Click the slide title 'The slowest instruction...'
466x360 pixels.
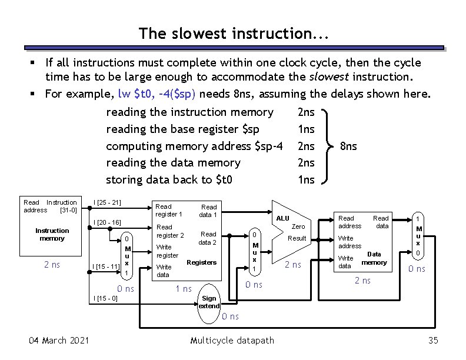coord(233,34)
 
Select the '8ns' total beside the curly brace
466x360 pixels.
coord(349,146)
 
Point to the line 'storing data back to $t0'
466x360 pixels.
coord(168,180)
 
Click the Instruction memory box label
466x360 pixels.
coord(52,234)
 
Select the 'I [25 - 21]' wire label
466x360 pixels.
coord(107,203)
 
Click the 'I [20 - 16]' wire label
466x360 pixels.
coord(107,222)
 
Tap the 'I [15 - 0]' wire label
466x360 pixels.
coord(105,299)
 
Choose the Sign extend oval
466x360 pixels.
coord(209,303)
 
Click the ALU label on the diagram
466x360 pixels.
coord(283,218)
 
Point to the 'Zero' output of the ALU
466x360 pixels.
coord(298,226)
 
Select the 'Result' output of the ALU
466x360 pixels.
coord(297,239)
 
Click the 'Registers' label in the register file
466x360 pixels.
coord(201,262)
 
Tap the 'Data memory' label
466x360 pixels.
coord(374,258)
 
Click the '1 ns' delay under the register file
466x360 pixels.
coord(184,288)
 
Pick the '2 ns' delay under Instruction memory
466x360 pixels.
coord(52,265)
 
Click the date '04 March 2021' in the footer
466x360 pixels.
coord(59,341)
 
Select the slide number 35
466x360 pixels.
coord(434,341)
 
